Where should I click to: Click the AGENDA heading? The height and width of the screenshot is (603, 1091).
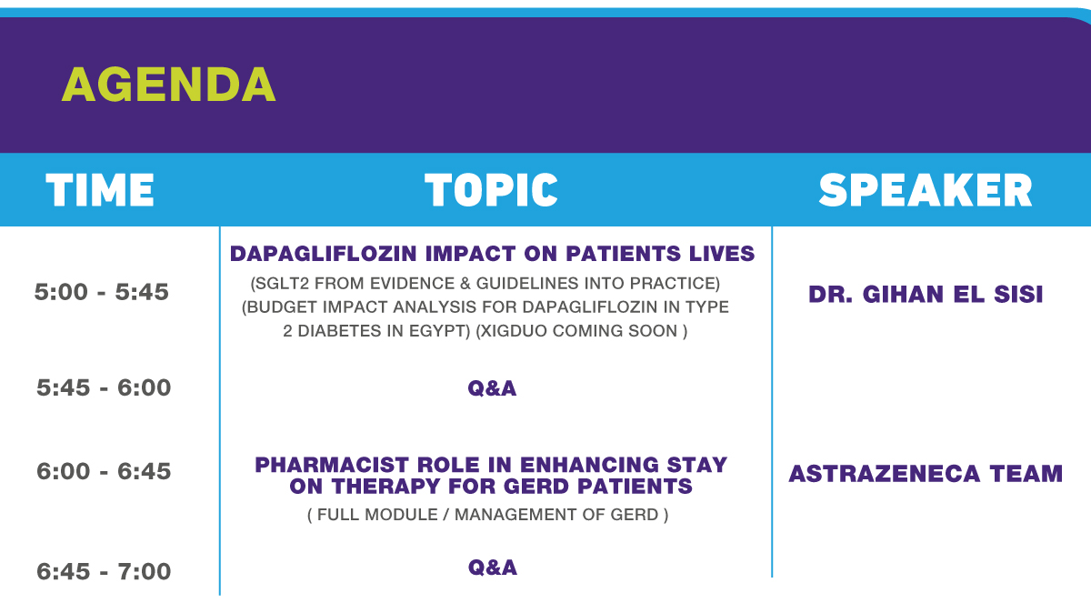pos(168,85)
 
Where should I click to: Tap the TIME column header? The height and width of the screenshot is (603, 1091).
pos(100,190)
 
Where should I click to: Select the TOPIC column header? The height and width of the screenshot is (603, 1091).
pos(491,190)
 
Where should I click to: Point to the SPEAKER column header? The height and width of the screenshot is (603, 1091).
pos(926,190)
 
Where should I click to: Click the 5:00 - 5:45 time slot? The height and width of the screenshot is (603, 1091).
pos(101,292)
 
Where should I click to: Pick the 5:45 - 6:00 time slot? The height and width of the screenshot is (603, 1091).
pos(104,387)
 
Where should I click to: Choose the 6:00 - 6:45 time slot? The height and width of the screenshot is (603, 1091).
pos(104,471)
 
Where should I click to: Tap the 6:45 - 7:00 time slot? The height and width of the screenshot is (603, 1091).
pos(104,571)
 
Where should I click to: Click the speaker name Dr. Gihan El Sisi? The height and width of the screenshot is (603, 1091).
pos(926,294)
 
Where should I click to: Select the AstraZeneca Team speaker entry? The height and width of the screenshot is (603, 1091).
pos(926,474)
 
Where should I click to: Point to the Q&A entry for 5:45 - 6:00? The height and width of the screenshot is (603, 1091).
pos(492,388)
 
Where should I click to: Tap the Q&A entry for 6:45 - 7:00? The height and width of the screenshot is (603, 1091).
pos(493,568)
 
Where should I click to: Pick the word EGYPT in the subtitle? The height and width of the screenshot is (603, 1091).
pos(439,331)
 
